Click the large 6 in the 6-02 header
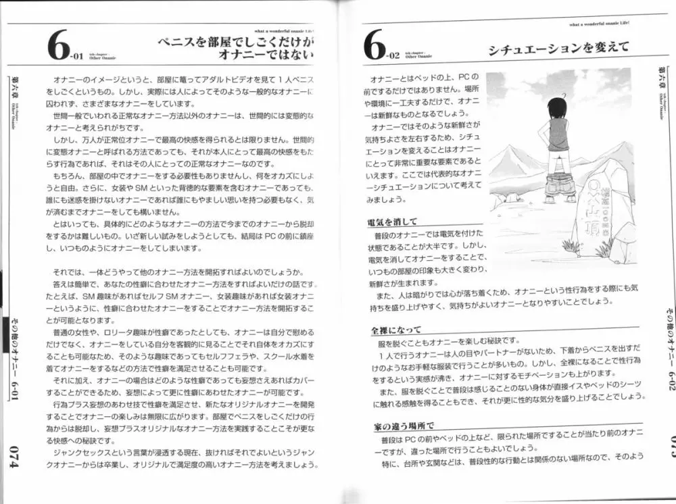coord(374,47)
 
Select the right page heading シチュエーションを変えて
coord(558,47)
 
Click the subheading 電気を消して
coord(392,221)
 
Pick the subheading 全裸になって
coord(396,330)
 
